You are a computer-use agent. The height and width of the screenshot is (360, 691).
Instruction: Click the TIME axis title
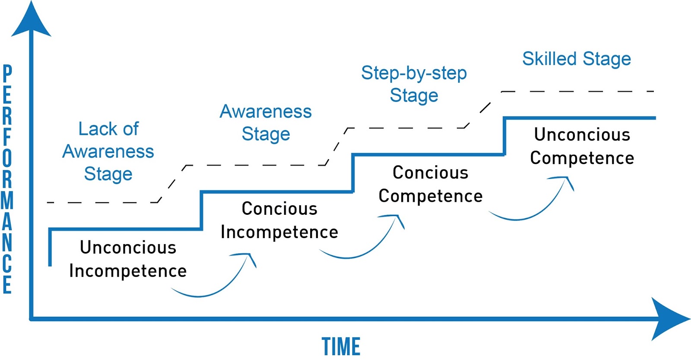(341, 347)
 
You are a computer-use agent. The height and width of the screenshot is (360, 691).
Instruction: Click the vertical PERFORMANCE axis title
(7, 179)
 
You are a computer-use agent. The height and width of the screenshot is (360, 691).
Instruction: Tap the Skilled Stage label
(577, 59)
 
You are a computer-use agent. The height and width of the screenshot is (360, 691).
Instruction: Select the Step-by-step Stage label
(414, 84)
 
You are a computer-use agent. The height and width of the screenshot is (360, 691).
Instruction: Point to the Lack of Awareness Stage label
(108, 151)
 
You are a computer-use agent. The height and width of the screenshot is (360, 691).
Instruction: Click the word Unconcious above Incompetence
(128, 248)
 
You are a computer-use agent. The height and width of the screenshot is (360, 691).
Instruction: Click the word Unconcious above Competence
(582, 135)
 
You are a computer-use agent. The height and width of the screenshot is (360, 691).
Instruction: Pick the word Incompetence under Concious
(279, 233)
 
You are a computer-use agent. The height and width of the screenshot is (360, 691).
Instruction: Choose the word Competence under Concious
(431, 196)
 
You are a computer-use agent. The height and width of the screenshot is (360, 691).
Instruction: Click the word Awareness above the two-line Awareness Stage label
(266, 112)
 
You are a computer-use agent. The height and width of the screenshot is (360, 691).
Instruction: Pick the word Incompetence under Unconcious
(128, 271)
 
